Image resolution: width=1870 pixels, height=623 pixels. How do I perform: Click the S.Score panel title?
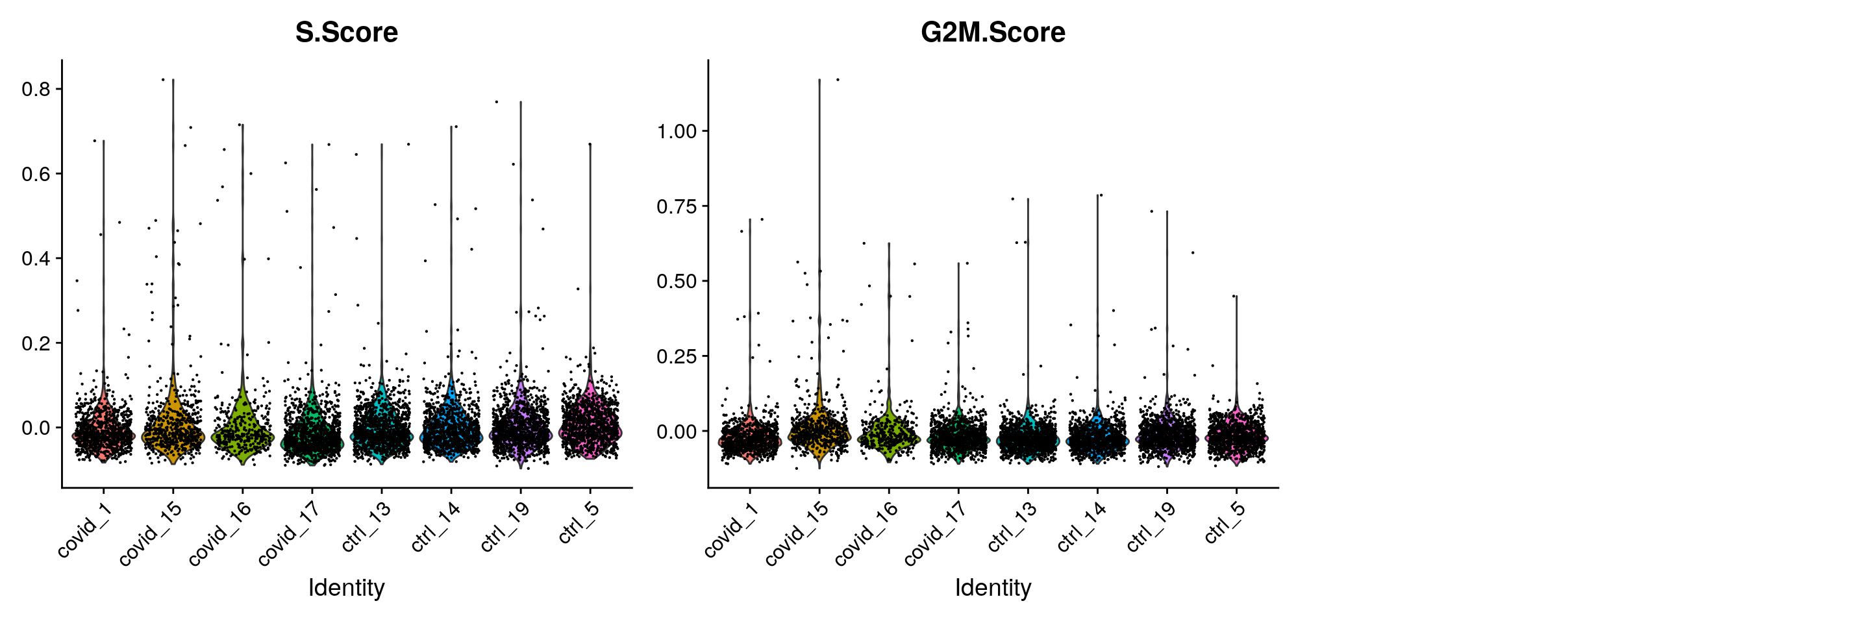346,32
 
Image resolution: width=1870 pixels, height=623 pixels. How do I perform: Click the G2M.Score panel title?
992,32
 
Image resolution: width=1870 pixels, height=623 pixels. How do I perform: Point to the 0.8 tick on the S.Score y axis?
36,89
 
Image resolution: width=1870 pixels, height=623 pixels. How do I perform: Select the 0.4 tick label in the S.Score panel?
36,259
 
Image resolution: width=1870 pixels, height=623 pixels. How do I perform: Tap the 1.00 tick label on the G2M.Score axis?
677,131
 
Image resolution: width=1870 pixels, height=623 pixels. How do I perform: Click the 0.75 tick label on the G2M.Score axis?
677,207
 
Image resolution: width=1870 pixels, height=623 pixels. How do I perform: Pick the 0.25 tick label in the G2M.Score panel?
677,356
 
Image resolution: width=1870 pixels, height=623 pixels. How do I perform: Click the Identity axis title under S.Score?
346,587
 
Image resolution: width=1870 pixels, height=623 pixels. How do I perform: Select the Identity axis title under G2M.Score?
992,587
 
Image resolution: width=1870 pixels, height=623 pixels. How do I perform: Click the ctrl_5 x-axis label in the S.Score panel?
579,522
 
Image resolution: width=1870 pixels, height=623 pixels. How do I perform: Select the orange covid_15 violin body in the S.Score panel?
173,431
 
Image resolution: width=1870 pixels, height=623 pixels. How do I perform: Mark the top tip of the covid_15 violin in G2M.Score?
819,80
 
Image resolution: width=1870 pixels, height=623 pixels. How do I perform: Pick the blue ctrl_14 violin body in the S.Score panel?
451,432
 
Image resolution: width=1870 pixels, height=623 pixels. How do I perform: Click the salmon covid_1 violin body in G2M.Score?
750,439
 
